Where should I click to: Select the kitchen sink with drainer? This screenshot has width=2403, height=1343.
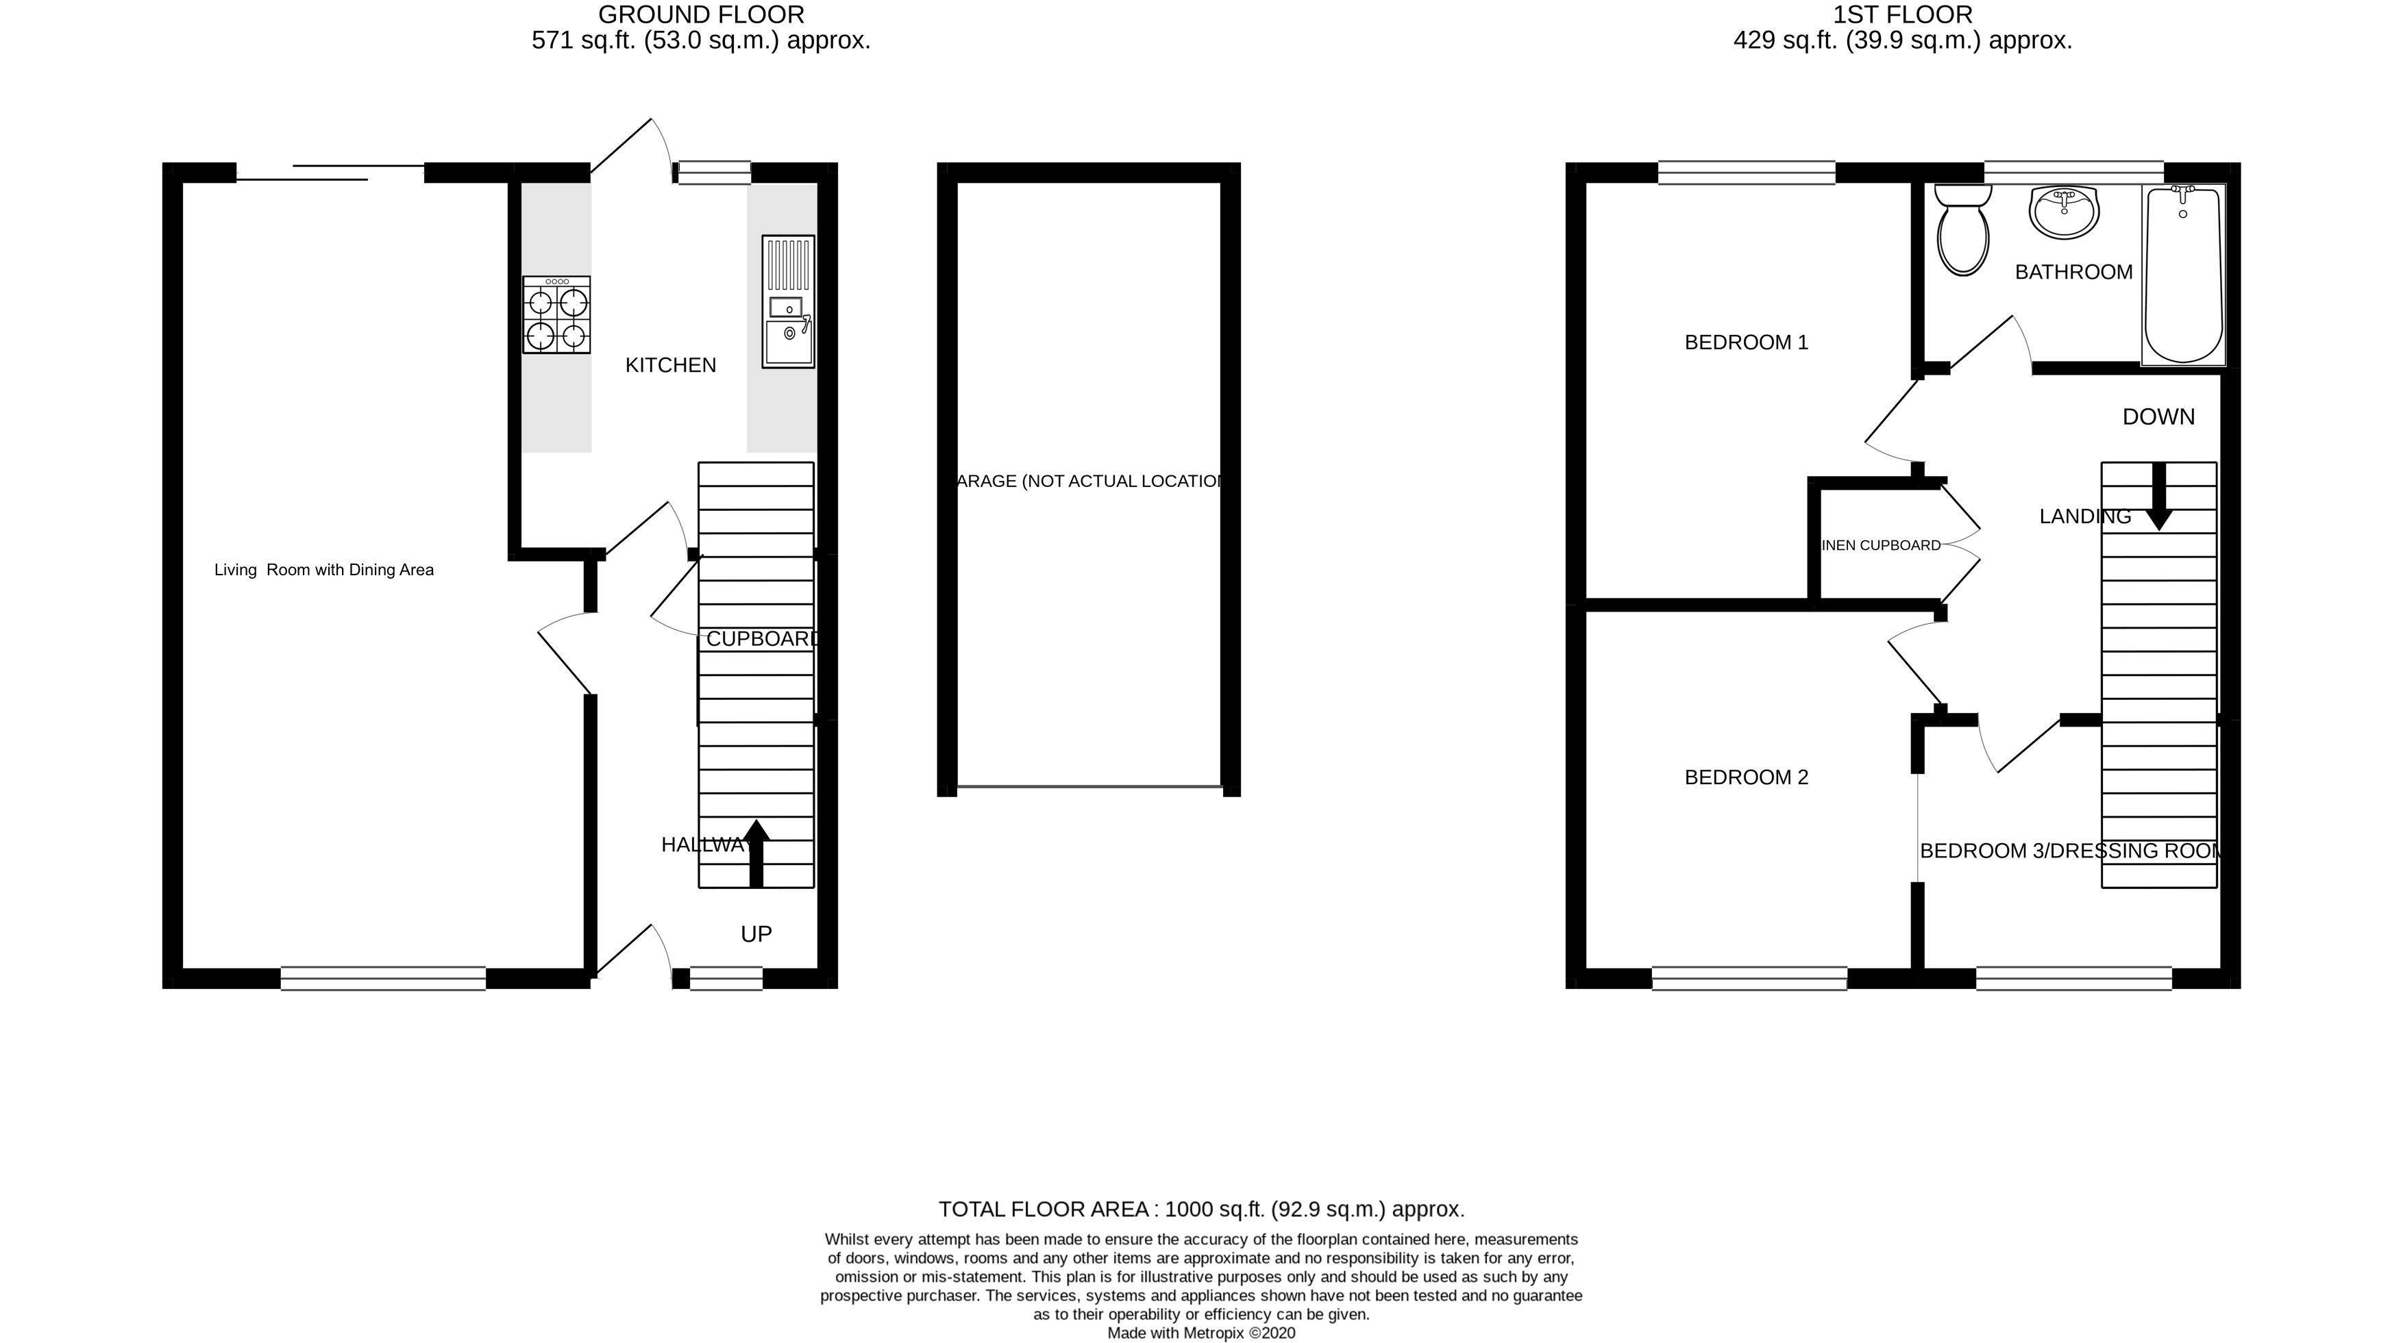[788, 302]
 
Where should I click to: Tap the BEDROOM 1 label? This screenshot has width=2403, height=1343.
[1747, 343]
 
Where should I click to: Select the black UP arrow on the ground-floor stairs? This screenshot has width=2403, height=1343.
[756, 853]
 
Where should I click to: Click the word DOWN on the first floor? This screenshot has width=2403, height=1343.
[2158, 417]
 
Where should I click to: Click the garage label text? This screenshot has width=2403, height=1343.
[1089, 481]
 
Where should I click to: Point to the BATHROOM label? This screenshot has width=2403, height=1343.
[2073, 273]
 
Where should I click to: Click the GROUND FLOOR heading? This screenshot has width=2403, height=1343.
[700, 15]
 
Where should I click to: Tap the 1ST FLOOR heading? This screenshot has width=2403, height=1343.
[1902, 15]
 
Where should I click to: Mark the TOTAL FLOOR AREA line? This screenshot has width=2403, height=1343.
[1202, 1209]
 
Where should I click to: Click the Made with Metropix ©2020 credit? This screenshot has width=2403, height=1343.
[1202, 1333]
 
